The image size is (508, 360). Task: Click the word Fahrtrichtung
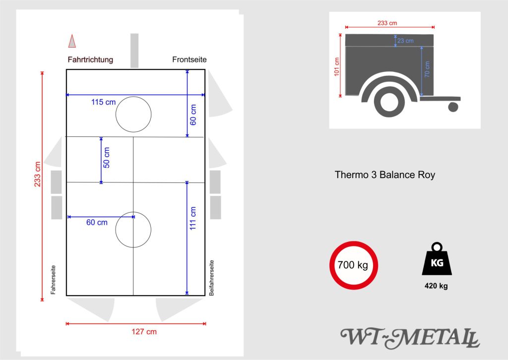[90, 60]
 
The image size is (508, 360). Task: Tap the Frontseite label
[190, 60]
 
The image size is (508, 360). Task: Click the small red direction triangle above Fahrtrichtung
[72, 41]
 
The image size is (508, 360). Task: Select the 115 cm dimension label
[103, 102]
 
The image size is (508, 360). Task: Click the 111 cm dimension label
[193, 218]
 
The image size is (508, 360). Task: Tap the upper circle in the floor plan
[133, 115]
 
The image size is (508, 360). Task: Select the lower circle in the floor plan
[133, 230]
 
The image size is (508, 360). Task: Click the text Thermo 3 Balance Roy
[385, 175]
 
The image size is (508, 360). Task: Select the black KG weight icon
[437, 260]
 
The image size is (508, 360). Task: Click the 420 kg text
[436, 286]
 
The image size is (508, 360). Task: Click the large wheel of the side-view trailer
[389, 102]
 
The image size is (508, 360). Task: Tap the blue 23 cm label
[405, 41]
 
